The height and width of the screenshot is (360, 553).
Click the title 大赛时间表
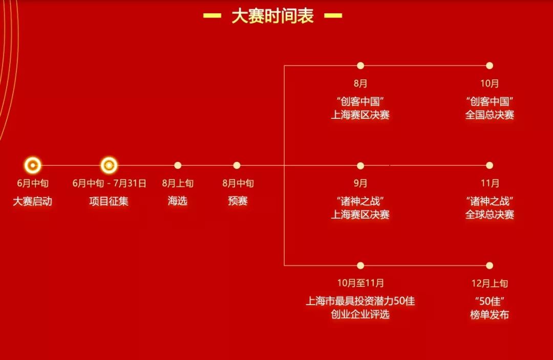(272, 16)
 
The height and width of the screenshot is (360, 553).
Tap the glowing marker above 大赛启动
(33, 165)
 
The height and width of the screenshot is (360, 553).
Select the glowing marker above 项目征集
(109, 165)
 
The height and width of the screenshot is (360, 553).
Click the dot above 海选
(178, 165)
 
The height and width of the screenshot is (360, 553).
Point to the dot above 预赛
(237, 165)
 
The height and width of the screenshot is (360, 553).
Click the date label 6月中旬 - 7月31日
(109, 183)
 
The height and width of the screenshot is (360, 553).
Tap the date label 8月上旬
(178, 183)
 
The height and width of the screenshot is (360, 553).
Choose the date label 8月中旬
(238, 183)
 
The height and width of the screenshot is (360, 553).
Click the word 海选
(178, 201)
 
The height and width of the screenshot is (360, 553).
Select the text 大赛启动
(33, 201)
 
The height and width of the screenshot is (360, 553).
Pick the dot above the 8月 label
(360, 66)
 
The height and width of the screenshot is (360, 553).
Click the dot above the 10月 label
(490, 66)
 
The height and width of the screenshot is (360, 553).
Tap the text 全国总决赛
(490, 115)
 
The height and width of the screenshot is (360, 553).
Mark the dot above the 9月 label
(360, 165)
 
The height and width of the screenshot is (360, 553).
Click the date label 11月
(490, 183)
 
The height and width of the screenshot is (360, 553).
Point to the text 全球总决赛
(490, 215)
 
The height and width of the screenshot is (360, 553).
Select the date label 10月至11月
(360, 283)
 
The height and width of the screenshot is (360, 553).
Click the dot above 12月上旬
(490, 265)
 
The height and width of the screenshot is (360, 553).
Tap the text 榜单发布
(490, 314)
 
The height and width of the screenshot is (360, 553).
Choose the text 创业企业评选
(360, 314)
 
